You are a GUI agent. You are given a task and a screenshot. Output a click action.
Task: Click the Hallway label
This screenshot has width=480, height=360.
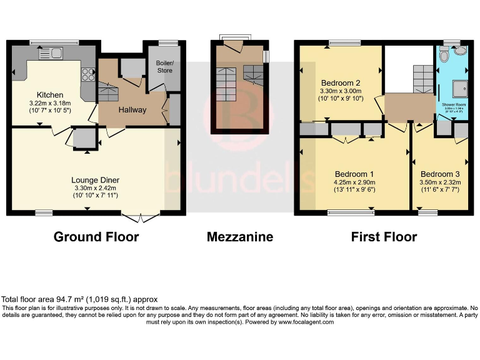[132, 110]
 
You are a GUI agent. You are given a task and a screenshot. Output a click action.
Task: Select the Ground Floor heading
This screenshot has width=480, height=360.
[96, 237]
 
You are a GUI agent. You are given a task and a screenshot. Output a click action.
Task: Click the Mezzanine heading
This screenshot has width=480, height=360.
[240, 237]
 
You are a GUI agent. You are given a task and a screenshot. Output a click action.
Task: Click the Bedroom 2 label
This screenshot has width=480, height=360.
[341, 82]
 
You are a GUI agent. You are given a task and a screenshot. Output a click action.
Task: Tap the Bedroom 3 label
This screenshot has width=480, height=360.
[440, 174]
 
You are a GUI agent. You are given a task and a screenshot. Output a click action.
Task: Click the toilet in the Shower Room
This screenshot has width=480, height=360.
[444, 57]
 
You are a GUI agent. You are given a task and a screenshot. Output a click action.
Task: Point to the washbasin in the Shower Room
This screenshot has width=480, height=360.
[461, 52]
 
